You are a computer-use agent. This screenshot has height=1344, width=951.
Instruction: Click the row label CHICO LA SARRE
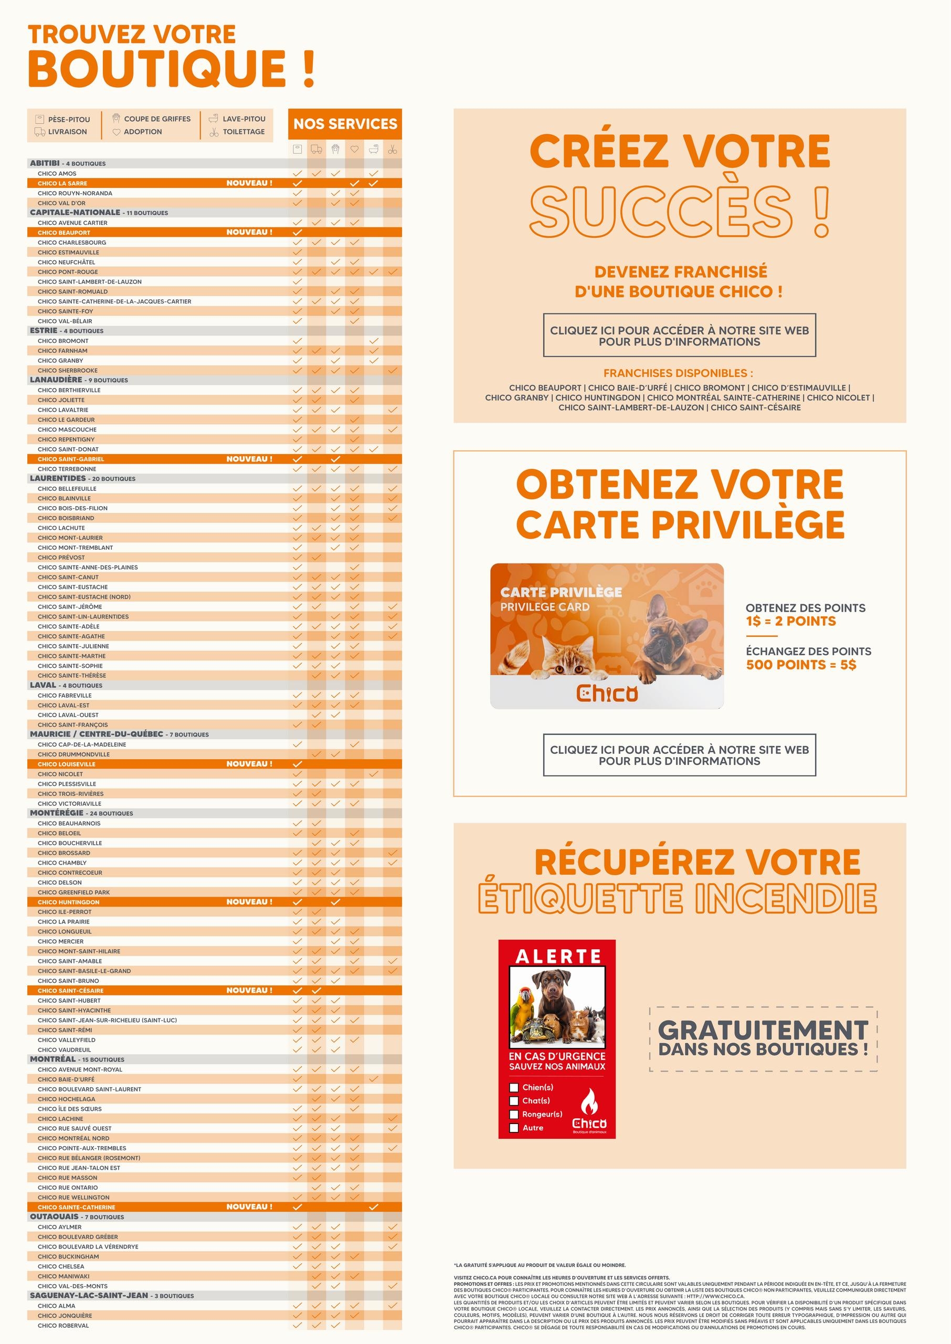click(x=62, y=183)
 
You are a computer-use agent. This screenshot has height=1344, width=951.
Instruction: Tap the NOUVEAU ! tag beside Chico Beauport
click(x=249, y=232)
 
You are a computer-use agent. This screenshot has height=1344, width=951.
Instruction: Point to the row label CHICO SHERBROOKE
click(x=67, y=370)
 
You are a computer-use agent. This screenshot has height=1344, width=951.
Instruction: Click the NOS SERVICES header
click(x=345, y=124)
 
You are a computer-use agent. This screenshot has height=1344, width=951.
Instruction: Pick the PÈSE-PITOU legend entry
click(x=69, y=119)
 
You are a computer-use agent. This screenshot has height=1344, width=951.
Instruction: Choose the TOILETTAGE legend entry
click(x=243, y=132)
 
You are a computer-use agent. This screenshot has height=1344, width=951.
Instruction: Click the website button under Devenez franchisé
click(x=679, y=335)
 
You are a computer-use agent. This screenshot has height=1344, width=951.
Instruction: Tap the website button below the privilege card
click(x=679, y=755)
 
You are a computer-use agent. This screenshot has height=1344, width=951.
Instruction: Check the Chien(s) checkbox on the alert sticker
click(x=514, y=1087)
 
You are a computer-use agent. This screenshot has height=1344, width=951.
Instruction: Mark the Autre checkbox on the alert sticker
click(x=514, y=1128)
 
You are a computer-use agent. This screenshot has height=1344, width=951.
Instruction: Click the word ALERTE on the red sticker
click(x=558, y=957)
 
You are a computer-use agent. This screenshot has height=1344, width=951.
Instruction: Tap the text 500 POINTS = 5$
click(x=800, y=665)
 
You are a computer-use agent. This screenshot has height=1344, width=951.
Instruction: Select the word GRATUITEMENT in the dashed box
click(x=763, y=1030)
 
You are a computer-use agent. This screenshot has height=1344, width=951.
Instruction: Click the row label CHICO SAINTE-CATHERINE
click(x=76, y=1207)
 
